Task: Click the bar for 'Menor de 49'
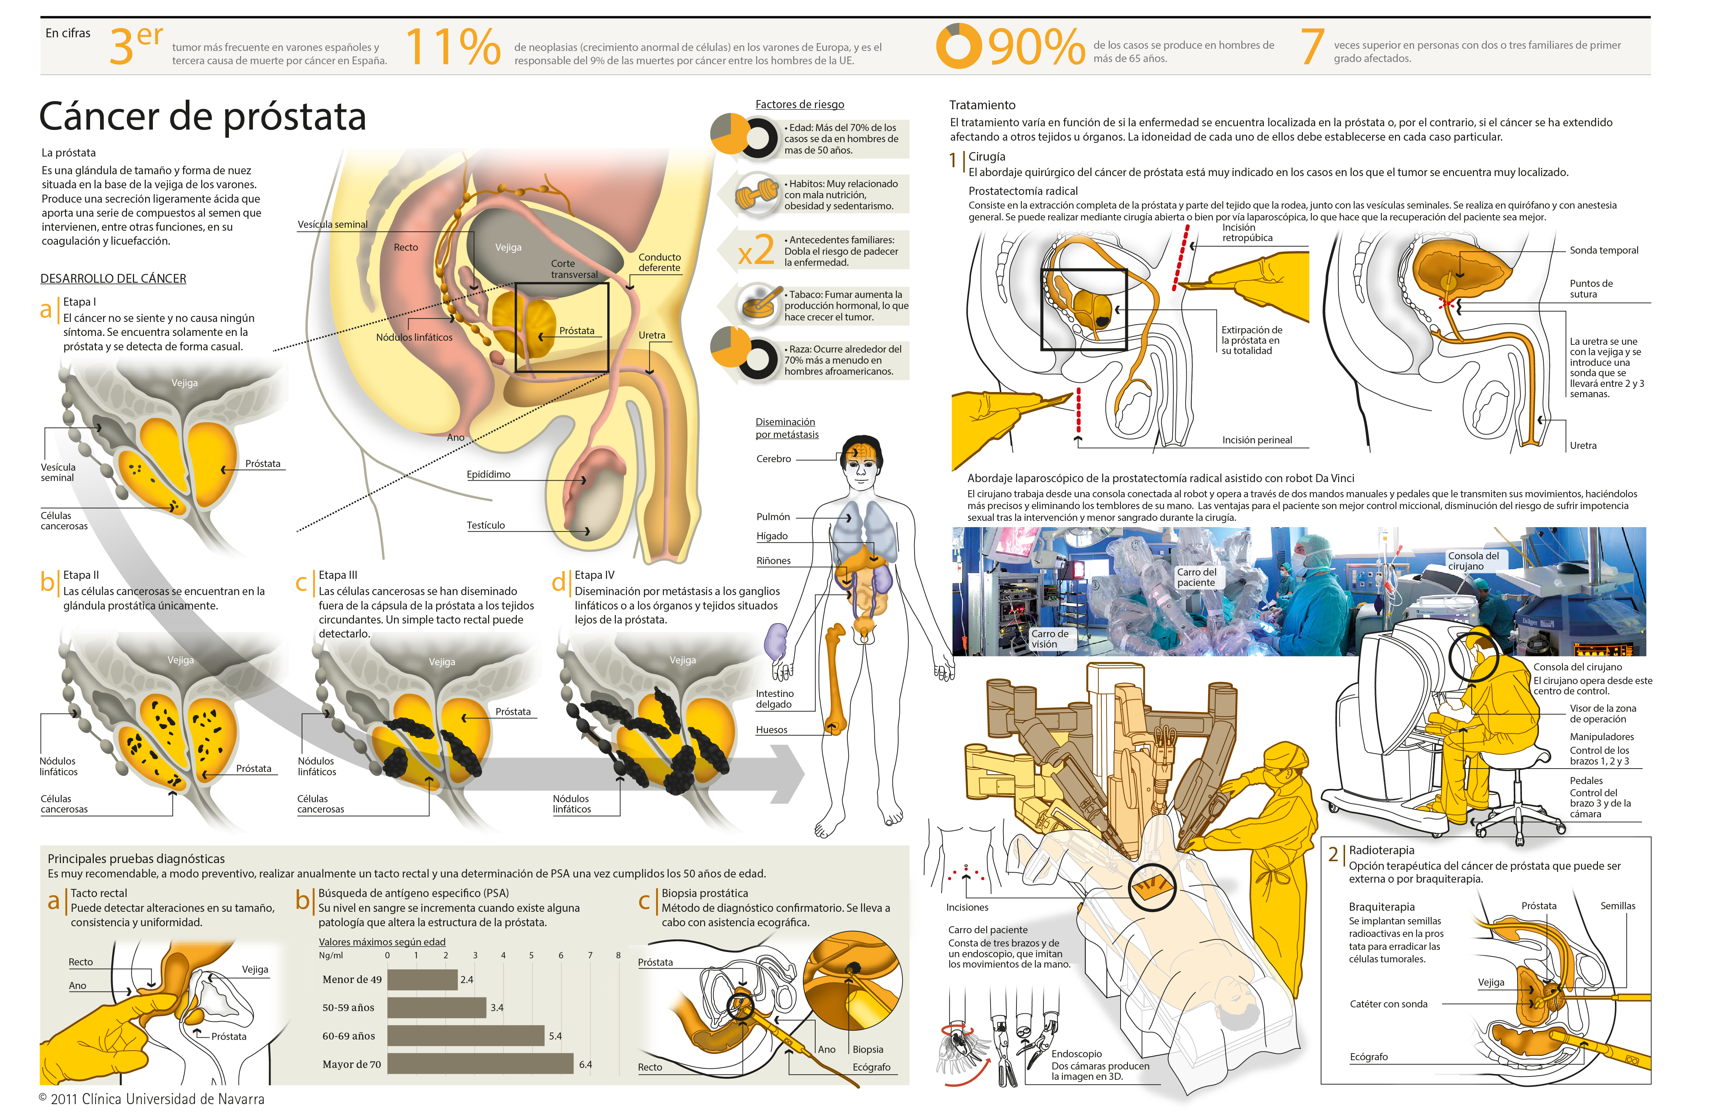point(422,980)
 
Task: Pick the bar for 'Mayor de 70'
point(480,1064)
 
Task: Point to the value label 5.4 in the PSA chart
point(555,1035)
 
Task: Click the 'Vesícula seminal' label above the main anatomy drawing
point(332,225)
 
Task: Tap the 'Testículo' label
point(485,525)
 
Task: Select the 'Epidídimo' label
point(488,474)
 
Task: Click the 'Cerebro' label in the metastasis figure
point(773,459)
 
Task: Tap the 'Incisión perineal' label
point(1256,440)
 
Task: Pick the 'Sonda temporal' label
point(1603,250)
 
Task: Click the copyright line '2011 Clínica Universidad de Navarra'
point(157,1099)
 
